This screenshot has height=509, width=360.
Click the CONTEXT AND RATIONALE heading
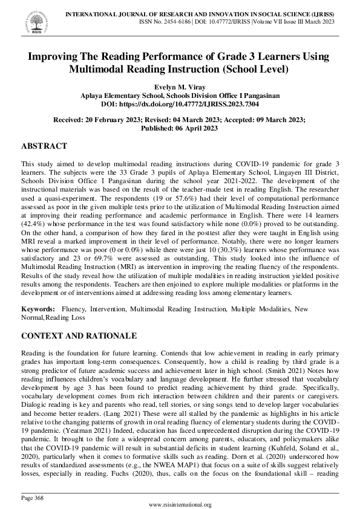pyautogui.click(x=79, y=336)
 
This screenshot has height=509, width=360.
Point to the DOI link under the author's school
pyautogui.click(x=180, y=104)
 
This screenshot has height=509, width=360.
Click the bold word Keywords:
pyautogui.click(x=38, y=309)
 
